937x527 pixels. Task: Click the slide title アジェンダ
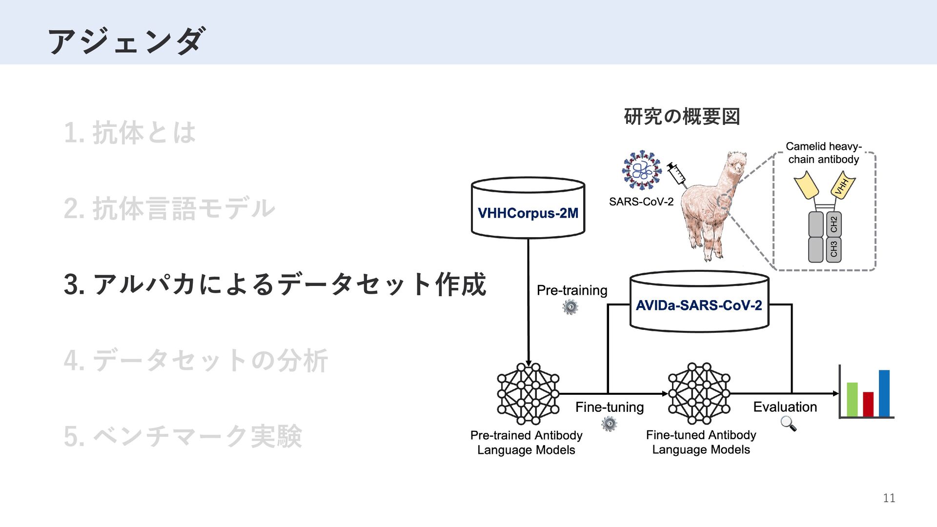coord(126,41)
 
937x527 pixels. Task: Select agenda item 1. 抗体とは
coord(130,133)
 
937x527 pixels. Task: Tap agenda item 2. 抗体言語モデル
coord(169,208)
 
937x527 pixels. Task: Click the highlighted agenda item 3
coord(275,284)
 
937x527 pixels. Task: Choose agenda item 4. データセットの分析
coord(196,361)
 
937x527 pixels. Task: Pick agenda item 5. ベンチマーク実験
coord(183,436)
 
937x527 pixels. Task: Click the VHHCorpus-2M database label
coord(528,213)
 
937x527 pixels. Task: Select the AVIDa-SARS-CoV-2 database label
coord(699,305)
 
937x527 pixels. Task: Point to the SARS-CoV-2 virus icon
coord(642,170)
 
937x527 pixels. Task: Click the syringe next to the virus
coord(677,174)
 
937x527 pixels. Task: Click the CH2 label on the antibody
coord(834,224)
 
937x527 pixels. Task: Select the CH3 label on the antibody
coord(834,249)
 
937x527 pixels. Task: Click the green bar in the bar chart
coord(852,399)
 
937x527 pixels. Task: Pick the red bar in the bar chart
coord(868,404)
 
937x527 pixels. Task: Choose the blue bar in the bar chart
coord(884,393)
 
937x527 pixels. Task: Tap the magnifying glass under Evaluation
coord(788,424)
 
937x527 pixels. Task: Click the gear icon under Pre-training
coord(570,307)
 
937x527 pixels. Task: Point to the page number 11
coord(889,498)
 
